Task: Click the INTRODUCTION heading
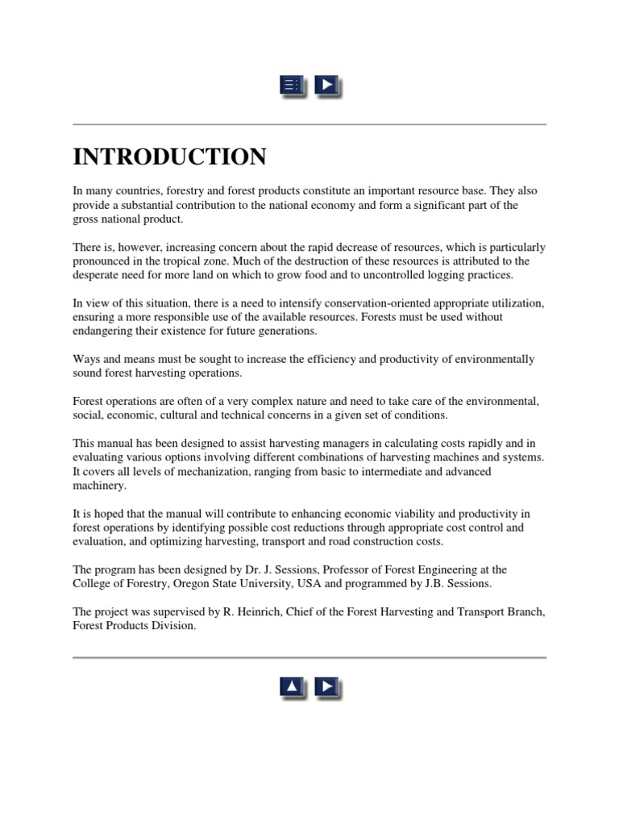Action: pos(169,156)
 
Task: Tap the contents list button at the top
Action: pos(292,85)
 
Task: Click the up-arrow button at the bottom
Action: pos(292,687)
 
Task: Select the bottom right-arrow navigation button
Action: pos(326,687)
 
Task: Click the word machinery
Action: pos(99,486)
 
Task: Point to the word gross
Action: pos(86,219)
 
